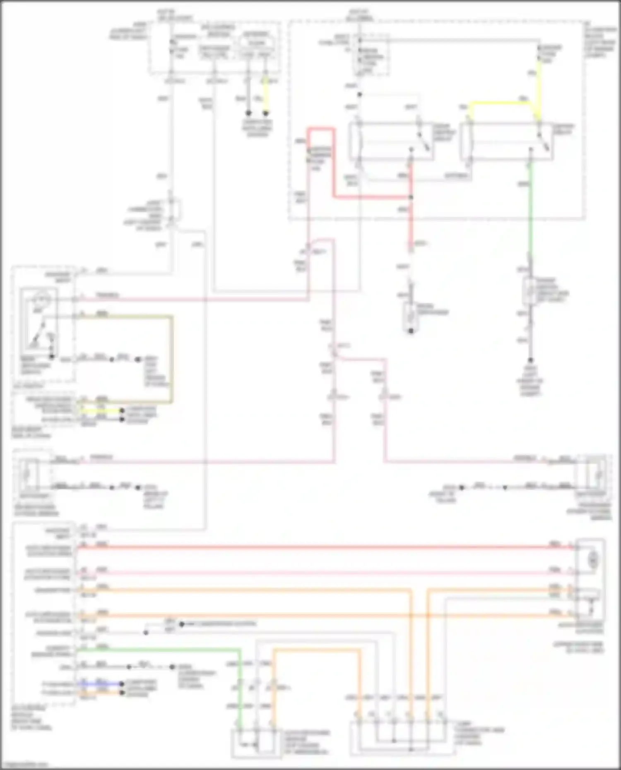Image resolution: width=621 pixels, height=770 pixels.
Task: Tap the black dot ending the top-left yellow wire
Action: [266, 113]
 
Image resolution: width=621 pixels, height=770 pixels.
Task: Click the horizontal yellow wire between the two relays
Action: [501, 103]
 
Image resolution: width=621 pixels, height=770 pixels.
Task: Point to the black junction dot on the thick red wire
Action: [411, 197]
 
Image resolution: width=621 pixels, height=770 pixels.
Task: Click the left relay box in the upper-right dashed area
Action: [391, 141]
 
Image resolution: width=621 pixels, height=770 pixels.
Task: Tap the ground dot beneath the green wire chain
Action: [530, 360]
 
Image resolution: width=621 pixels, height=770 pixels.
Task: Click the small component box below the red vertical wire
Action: [411, 317]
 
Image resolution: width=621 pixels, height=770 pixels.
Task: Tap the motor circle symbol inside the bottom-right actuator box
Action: [593, 560]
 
